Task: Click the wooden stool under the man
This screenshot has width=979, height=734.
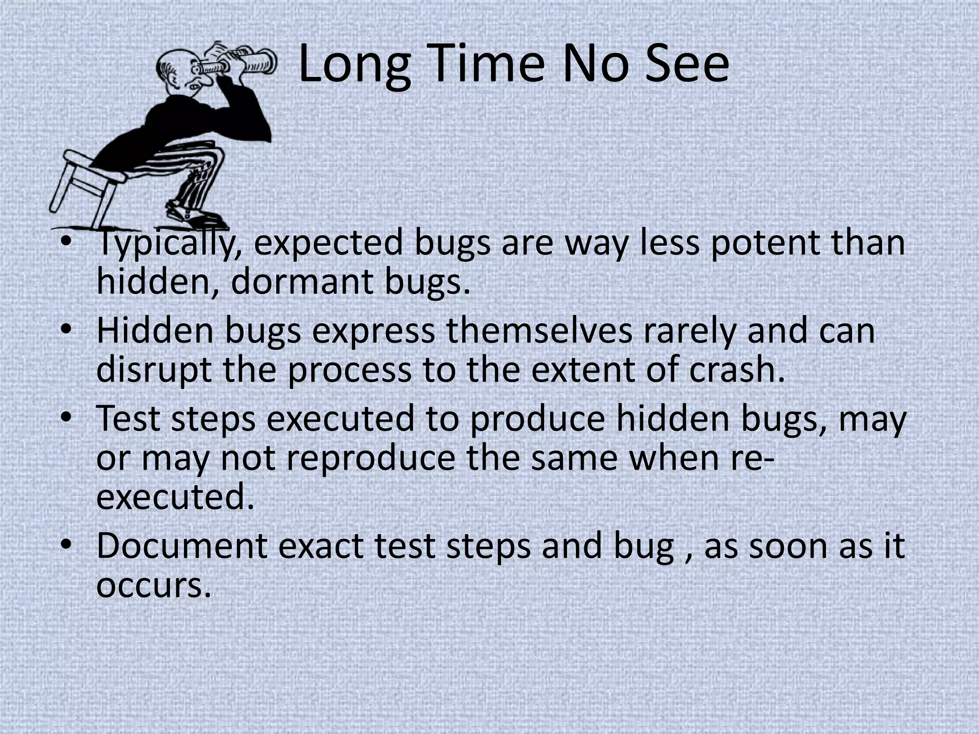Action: [x=84, y=182]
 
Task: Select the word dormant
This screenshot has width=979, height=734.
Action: [x=302, y=281]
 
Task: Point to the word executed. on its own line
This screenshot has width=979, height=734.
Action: [x=175, y=497]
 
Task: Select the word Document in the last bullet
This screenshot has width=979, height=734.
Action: [x=182, y=546]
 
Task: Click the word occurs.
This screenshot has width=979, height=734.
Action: [x=153, y=585]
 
